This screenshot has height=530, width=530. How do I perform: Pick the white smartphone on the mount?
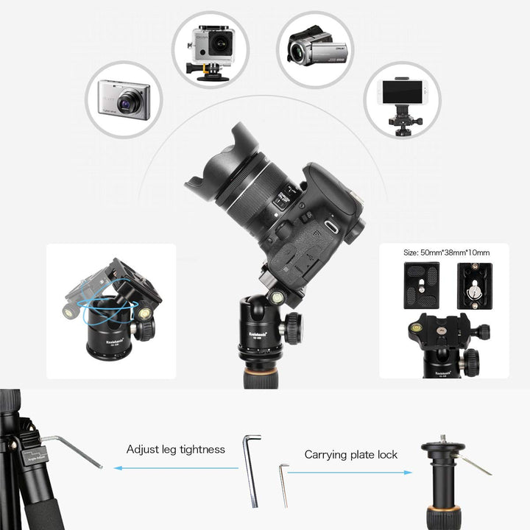pyautogui.click(x=402, y=92)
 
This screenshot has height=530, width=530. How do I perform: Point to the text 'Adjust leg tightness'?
pyautogui.click(x=175, y=449)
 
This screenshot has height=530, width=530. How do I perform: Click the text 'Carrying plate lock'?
pyautogui.click(x=350, y=455)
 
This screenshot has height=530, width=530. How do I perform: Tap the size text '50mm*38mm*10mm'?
pyautogui.click(x=446, y=253)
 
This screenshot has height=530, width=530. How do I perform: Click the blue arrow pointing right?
pyautogui.click(x=350, y=473)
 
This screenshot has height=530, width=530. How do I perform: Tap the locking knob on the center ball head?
pyautogui.click(x=293, y=327)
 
